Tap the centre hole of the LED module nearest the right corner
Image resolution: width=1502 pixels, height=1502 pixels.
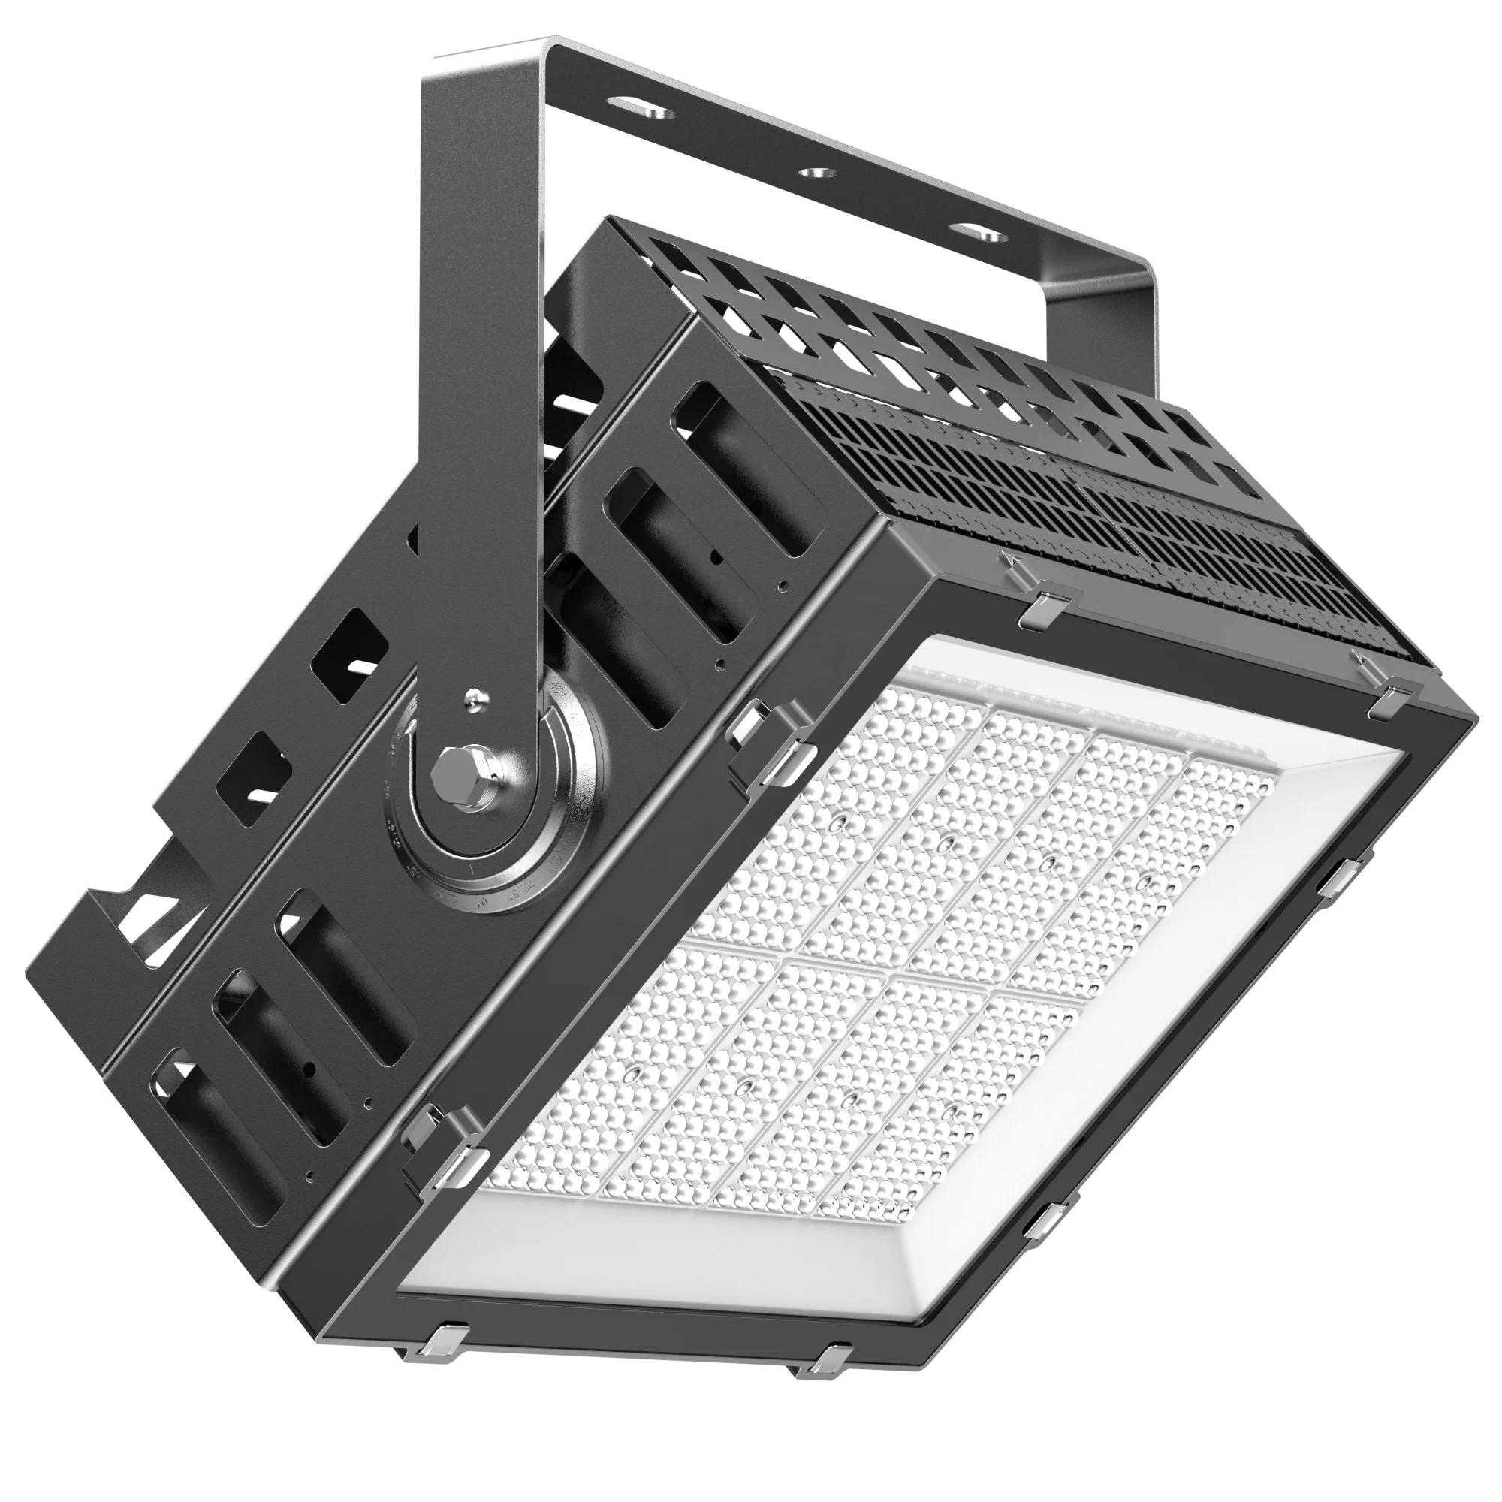click(x=1144, y=883)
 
